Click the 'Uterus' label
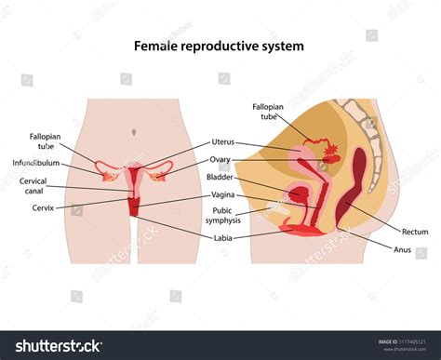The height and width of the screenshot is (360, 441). (x=223, y=142)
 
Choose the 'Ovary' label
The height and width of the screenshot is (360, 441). (x=220, y=159)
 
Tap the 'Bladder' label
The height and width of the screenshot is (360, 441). (x=220, y=177)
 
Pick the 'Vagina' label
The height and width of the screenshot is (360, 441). (x=222, y=195)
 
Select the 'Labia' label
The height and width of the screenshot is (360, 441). (x=224, y=237)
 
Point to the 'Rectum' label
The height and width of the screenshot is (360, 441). (x=415, y=231)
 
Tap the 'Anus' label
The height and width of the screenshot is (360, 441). (x=402, y=248)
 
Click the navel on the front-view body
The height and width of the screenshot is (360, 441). (x=138, y=124)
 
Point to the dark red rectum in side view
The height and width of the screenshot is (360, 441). (x=358, y=186)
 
